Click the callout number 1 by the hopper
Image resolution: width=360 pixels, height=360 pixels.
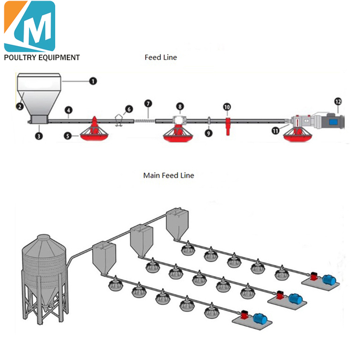[x=93, y=80]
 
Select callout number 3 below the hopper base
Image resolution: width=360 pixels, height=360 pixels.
[x=39, y=136]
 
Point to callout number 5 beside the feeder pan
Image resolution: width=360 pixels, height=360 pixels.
[x=68, y=136]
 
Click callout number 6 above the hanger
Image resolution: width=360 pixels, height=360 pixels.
[x=129, y=109]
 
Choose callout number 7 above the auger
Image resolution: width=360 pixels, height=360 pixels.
[x=148, y=103]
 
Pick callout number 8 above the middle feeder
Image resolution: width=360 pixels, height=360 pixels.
[x=179, y=106]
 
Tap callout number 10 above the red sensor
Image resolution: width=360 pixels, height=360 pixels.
[x=227, y=106]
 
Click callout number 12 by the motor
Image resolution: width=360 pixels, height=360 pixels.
[x=338, y=102]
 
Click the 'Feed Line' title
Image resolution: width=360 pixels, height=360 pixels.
[x=161, y=57]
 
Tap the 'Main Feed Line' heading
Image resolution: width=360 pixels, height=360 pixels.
[x=168, y=175]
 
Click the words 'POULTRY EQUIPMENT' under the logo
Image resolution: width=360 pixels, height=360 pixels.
[x=42, y=57]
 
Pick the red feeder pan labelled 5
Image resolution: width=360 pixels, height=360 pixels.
[x=94, y=131]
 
